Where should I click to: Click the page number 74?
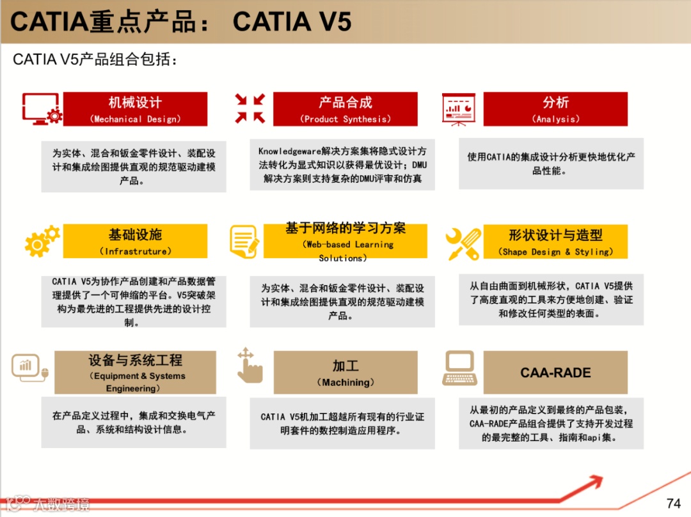tap(673, 503)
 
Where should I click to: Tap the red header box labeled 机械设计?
tap(135, 109)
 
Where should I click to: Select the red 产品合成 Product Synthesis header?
tap(345, 109)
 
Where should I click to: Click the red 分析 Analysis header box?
tap(555, 109)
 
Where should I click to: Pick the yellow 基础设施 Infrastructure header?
tap(135, 241)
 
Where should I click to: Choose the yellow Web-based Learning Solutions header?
tap(345, 241)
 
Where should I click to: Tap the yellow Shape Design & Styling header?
tap(555, 241)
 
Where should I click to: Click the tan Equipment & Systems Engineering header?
tap(135, 372)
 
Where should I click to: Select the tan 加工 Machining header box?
tap(345, 372)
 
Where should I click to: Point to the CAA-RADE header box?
tap(555, 372)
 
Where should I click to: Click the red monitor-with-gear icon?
tap(42, 109)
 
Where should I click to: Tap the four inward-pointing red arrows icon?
tap(250, 108)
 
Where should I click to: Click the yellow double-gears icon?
tap(42, 241)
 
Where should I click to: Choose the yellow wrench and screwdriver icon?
tap(464, 243)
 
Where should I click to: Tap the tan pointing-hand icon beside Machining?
tap(249, 366)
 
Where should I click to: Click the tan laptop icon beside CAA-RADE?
tap(459, 369)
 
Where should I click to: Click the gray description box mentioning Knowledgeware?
tap(342, 165)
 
